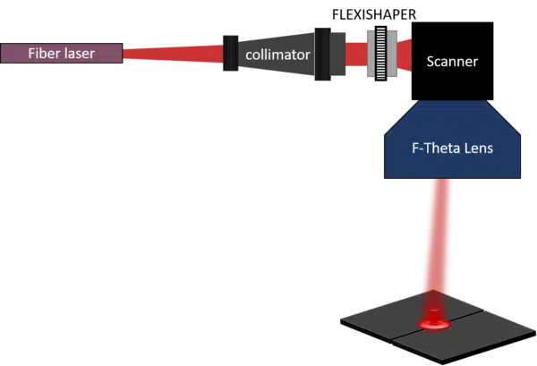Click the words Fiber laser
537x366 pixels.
[x=61, y=53]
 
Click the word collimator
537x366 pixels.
[x=278, y=55]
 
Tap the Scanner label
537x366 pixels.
[x=452, y=62]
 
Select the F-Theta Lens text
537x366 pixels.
[x=452, y=147]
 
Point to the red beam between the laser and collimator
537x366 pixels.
[x=170, y=54]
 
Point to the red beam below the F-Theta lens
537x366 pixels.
[x=439, y=233]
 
